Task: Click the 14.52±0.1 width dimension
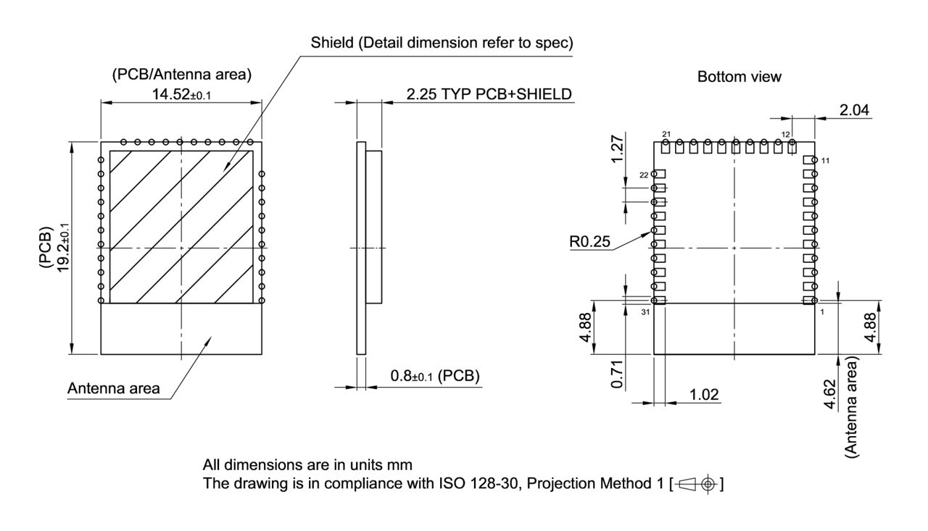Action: pos(181,94)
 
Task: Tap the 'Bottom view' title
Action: pos(739,77)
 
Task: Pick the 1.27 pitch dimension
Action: pos(618,149)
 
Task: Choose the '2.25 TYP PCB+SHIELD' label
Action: pos(489,94)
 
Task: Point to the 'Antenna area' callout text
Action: pos(113,389)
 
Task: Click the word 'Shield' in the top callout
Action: pos(331,43)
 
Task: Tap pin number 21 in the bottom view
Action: pos(666,134)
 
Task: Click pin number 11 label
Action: pos(825,160)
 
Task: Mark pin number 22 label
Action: pos(643,175)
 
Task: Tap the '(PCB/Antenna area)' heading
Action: pos(181,74)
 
